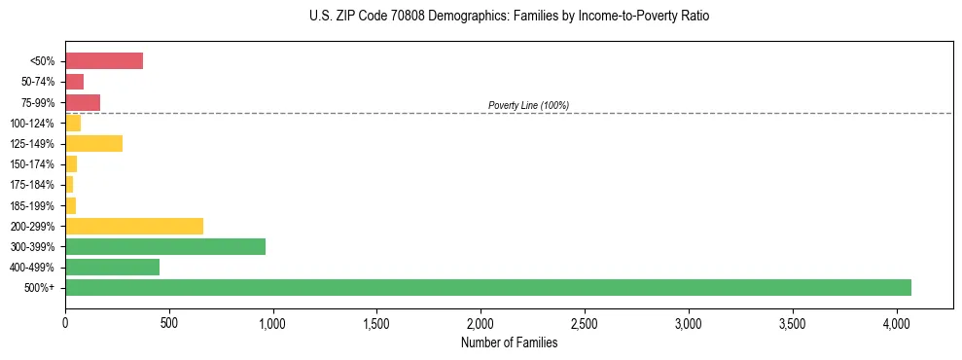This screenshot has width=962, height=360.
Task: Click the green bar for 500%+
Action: [x=487, y=287]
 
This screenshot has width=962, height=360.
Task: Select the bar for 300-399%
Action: [x=165, y=246]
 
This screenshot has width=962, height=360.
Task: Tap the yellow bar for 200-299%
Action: [x=134, y=226]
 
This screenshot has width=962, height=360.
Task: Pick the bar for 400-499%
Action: [x=112, y=267]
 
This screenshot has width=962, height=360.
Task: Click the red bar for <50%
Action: [x=104, y=61]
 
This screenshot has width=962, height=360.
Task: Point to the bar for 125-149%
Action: [x=93, y=143]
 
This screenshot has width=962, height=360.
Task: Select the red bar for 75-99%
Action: [x=83, y=102]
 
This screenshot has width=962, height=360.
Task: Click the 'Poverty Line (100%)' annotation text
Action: [x=528, y=105]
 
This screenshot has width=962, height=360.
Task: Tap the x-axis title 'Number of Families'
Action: [x=509, y=342]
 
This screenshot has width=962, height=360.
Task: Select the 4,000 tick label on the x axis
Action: [x=897, y=322]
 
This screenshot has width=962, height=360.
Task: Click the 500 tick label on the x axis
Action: [x=168, y=322]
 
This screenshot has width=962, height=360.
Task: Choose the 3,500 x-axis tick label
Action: [x=793, y=322]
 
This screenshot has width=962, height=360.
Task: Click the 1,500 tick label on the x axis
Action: [x=376, y=322]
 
